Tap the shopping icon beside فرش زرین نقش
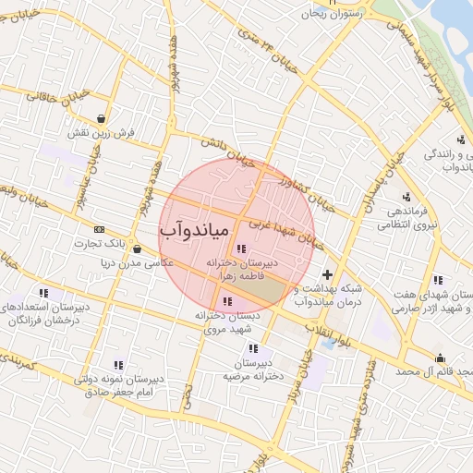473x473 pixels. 100,119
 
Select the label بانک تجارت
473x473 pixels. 100,244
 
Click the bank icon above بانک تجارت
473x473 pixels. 100,230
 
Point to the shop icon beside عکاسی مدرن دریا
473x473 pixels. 137,249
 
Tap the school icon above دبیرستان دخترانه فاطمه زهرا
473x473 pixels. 241,249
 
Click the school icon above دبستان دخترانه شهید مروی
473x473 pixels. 227,301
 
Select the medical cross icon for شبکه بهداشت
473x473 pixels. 327,274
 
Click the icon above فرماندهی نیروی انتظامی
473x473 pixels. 406,196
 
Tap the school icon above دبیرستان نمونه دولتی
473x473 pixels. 118,365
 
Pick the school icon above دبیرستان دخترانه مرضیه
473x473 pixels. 254,349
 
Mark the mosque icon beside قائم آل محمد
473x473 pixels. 439,358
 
